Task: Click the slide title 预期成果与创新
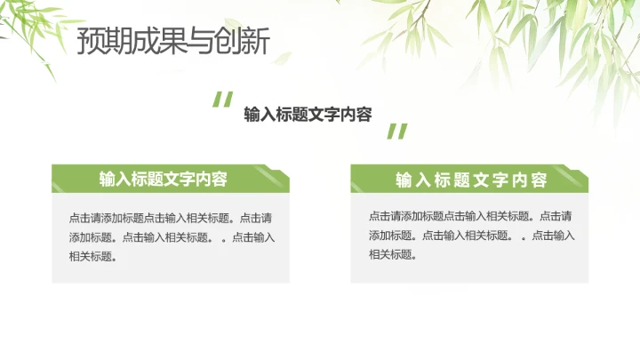[x=172, y=42]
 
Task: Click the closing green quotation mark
[x=396, y=132]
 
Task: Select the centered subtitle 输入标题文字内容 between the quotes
[x=308, y=115]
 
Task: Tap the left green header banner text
[x=164, y=179]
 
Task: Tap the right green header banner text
[x=471, y=180]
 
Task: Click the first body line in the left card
[x=170, y=218]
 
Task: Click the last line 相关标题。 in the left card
[x=93, y=257]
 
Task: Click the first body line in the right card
[x=469, y=216]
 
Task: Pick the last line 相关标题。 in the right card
[x=393, y=255]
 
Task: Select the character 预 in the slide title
[x=90, y=42]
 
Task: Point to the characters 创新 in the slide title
[x=242, y=42]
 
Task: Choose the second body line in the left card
[x=172, y=237]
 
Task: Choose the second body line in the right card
[x=471, y=236]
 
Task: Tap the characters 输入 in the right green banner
[x=412, y=180]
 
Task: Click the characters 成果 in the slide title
[x=154, y=42]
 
